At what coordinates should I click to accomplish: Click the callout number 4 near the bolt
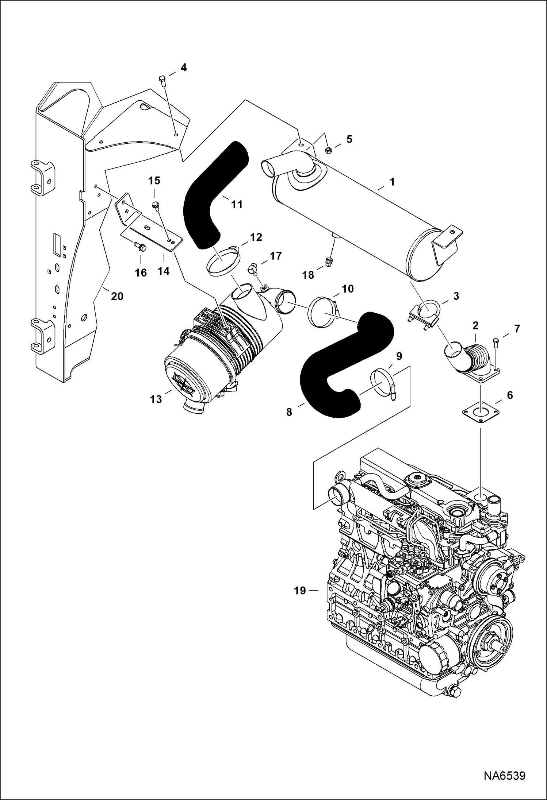click(184, 67)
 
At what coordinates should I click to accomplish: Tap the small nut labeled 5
click(328, 150)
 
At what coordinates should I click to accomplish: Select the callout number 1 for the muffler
click(392, 181)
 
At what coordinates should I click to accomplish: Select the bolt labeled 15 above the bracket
click(156, 206)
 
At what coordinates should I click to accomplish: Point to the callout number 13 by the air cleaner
click(156, 399)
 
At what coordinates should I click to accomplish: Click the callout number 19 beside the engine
click(300, 591)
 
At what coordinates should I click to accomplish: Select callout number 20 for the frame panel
click(117, 296)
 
